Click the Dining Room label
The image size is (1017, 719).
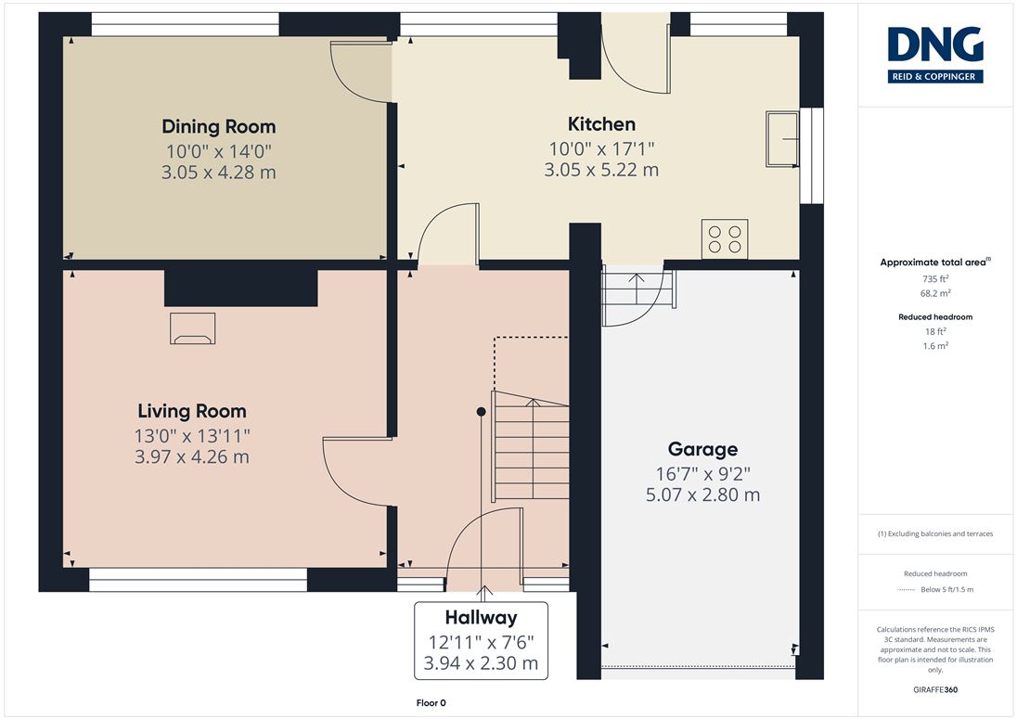pos(219,126)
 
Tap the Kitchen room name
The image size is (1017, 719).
pos(601,123)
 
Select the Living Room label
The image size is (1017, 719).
pos(192,411)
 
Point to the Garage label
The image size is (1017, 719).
pos(702,449)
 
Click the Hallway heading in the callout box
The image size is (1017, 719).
pos(482,617)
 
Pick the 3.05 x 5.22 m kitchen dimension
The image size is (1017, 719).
pos(601,170)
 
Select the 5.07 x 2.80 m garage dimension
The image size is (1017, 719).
pos(702,495)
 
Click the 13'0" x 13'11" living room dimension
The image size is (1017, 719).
pos(192,436)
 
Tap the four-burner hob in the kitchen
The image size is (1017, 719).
pos(725,239)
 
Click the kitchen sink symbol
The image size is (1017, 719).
pos(782,139)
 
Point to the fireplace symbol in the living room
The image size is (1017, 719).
pos(193,328)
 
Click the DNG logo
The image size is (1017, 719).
pos(935,55)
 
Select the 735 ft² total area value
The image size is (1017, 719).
pos(935,278)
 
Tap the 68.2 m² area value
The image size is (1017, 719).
pos(935,293)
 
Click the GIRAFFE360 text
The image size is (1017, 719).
pos(935,690)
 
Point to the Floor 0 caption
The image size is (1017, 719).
pos(431,703)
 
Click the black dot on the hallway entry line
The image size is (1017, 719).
pos(482,412)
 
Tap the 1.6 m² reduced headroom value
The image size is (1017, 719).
pos(935,345)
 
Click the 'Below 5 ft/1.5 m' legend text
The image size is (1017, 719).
pos(947,589)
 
